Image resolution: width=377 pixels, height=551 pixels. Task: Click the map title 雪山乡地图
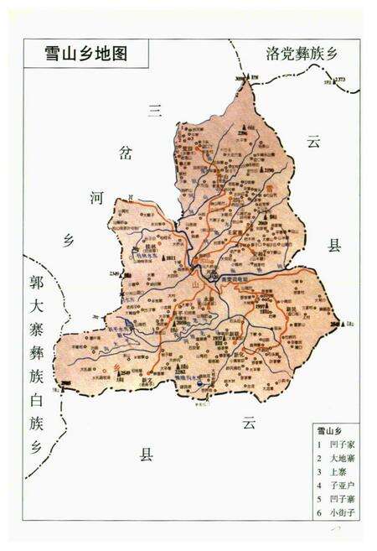pyautogui.click(x=85, y=53)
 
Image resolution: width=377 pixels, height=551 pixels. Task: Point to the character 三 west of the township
pyautogui.click(x=153, y=111)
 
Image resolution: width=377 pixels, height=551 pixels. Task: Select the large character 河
pyautogui.click(x=97, y=198)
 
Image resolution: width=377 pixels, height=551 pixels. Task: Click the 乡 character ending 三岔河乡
pyautogui.click(x=70, y=240)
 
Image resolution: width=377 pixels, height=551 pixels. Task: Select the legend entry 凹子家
pyautogui.click(x=341, y=444)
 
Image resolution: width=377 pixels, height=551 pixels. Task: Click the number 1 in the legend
pyautogui.click(x=319, y=444)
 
